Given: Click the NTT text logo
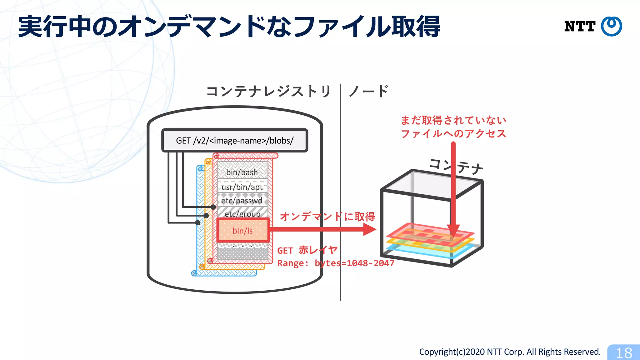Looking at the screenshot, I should (580, 27).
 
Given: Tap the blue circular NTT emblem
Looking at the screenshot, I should (612, 26).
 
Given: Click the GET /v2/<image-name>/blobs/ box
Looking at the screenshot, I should (235, 141).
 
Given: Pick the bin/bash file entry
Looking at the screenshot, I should (242, 172).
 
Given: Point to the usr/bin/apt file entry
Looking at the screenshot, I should (242, 187).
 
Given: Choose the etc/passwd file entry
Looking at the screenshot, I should (242, 201).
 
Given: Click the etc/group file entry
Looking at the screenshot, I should (242, 214).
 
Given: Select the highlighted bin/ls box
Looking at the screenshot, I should (243, 231).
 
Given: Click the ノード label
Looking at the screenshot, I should (369, 92).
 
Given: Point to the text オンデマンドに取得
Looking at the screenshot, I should (327, 217).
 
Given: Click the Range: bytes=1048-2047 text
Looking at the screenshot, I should (336, 263).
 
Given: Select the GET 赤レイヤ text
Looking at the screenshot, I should (307, 250).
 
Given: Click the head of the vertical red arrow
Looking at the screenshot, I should (453, 231).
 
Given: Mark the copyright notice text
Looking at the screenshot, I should (510, 352).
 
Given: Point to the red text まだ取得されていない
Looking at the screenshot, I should (453, 120).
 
